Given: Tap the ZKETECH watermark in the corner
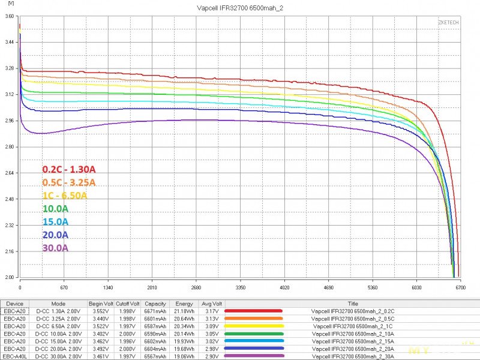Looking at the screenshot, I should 449,22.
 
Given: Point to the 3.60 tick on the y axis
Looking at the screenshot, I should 9,17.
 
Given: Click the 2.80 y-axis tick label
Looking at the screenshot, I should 9,147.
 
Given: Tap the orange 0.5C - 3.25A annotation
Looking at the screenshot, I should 68,182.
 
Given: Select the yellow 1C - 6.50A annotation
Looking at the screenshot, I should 65,196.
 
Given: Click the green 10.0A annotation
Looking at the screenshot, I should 55,209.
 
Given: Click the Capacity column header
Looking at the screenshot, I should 155,304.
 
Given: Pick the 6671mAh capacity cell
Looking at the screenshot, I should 155,311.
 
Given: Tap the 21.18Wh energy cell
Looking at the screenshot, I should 184,311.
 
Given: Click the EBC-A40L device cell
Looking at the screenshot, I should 15,356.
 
